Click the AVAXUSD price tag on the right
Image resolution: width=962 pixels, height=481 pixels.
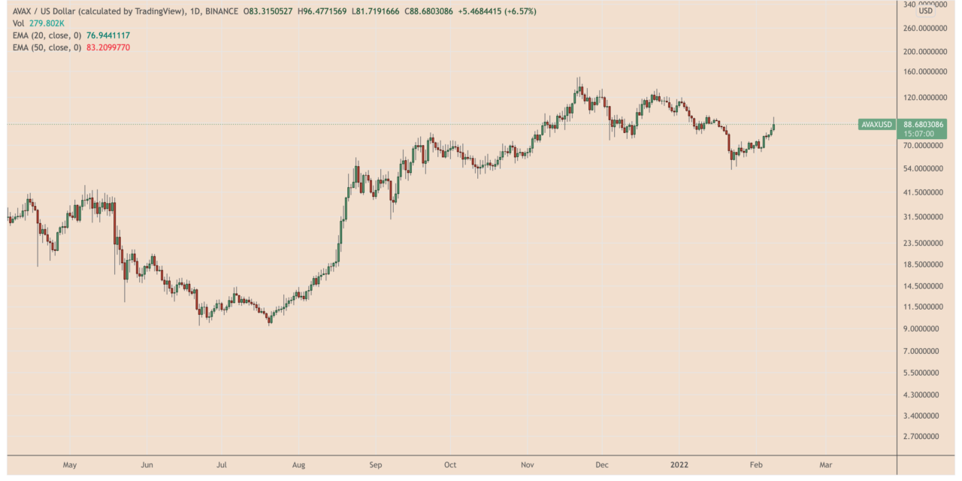point(876,124)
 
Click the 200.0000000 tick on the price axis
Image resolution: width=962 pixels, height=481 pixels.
point(927,52)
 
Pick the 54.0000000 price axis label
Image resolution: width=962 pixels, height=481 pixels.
point(927,169)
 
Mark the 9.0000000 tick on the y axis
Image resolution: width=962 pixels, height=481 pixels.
point(927,328)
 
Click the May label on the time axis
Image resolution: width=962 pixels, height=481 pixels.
point(70,464)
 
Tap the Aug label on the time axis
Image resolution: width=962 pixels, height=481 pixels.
point(299,464)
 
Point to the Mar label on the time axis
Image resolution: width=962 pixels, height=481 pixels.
point(825,464)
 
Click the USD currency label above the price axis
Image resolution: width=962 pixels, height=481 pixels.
point(926,11)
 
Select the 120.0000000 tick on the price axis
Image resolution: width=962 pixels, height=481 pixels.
point(927,98)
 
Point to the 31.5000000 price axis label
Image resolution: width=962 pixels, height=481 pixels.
point(927,217)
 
